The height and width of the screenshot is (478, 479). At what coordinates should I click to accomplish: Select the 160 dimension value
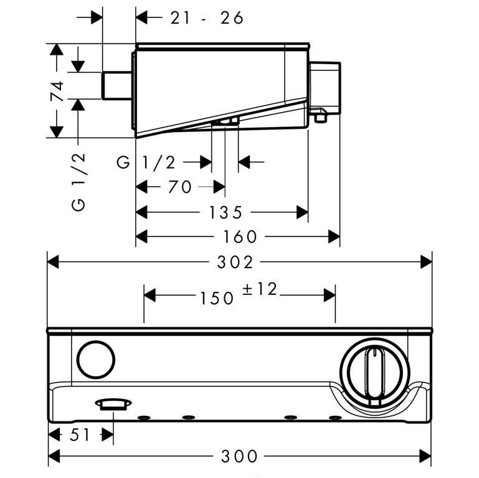(238, 237)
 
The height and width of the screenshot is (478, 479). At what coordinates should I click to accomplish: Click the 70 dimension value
(179, 187)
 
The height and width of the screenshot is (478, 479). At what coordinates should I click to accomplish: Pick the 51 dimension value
(80, 434)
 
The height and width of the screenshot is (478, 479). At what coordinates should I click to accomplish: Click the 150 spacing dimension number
(217, 298)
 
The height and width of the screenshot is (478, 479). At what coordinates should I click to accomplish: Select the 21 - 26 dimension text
(207, 18)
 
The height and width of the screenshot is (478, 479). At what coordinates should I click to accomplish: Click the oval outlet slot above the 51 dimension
(111, 405)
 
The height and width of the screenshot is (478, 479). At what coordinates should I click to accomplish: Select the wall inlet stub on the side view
(116, 85)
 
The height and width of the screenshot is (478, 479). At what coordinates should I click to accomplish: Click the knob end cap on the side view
(325, 87)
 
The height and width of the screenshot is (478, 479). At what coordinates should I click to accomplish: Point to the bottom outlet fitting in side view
(225, 121)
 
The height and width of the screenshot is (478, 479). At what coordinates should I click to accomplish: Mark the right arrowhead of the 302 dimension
(427, 262)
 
